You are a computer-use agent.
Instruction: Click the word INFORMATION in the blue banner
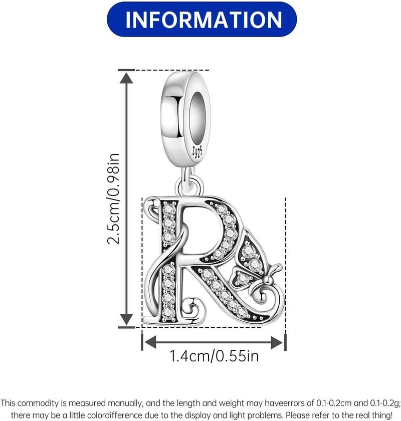click(204, 20)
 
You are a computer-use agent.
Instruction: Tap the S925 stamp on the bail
click(197, 152)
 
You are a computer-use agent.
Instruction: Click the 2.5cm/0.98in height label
click(113, 198)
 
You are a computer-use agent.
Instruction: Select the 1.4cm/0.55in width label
click(214, 356)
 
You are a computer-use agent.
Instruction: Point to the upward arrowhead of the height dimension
click(126, 78)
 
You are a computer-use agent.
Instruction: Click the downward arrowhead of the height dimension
click(126, 320)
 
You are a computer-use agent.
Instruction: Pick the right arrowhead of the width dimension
click(277, 342)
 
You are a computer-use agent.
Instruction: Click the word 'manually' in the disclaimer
click(123, 403)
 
